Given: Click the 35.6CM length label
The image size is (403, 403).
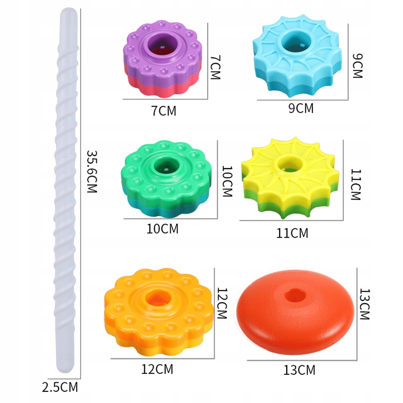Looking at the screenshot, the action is tap(92, 171).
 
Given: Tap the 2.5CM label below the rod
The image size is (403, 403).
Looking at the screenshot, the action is tap(60, 387).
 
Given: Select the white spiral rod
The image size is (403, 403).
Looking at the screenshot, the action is tap(66, 190).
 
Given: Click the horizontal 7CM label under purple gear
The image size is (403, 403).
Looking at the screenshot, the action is tap(164, 111).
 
